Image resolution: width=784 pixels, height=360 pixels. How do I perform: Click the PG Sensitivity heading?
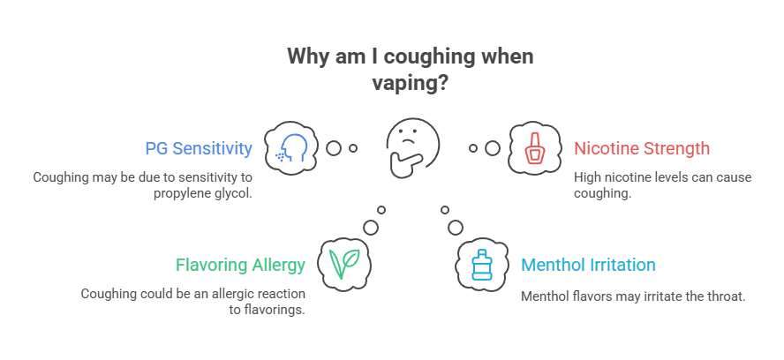(199, 148)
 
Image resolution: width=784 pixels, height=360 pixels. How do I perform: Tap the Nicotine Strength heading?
(641, 148)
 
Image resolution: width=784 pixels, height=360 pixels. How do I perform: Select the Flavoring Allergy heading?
(240, 265)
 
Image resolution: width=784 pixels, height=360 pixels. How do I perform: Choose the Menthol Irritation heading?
(588, 265)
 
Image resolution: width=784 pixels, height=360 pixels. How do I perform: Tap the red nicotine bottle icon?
(533, 148)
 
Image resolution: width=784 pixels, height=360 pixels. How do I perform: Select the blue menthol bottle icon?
(482, 264)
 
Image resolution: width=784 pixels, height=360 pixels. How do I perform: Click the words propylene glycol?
(201, 193)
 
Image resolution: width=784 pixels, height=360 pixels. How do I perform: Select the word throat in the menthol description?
(725, 296)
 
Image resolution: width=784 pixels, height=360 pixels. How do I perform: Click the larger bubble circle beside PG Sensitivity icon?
(334, 148)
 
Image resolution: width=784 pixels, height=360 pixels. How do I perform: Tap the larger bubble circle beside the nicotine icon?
(492, 148)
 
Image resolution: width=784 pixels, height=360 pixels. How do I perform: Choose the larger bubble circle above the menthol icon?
(455, 227)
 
